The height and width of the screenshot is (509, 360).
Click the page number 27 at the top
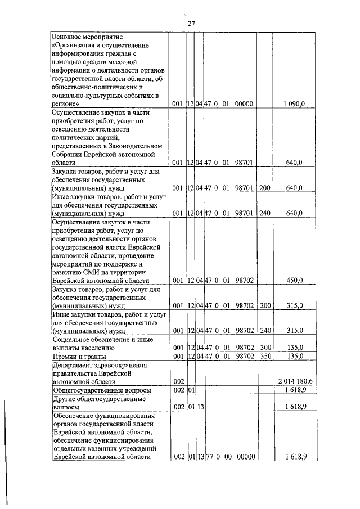[191, 23]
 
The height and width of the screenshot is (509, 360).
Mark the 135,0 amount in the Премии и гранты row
[295, 357]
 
